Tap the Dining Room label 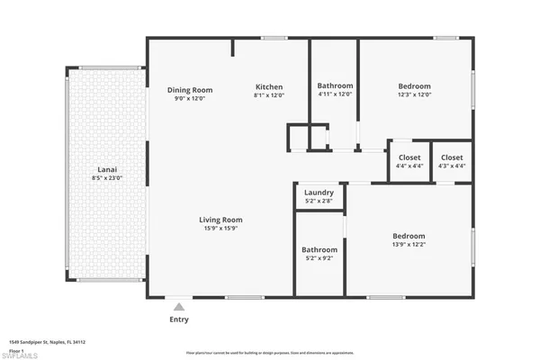coord(190,89)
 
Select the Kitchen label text coord(269,86)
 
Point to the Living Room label coord(220,220)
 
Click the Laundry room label coord(319,193)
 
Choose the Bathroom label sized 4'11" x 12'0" coord(335,86)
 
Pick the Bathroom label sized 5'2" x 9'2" coord(319,249)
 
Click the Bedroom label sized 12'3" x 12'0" coord(415,86)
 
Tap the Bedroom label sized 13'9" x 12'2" coord(409,236)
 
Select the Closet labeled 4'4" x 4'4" coord(408,157)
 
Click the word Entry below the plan coord(180,319)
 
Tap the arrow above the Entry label coord(180,306)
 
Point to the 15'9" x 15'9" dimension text coord(220,228)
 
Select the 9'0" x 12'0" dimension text coord(190,98)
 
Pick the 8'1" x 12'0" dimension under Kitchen coord(269,94)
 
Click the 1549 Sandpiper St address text coord(41,342)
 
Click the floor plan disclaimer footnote coord(269,353)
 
